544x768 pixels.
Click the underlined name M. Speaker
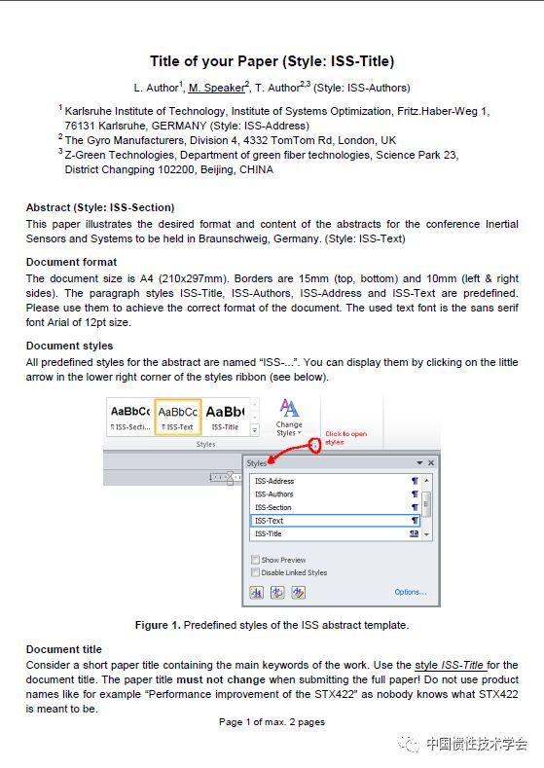coord(216,88)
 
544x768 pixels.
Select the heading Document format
coord(71,262)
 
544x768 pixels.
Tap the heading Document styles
coord(69,346)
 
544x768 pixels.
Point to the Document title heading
coord(64,649)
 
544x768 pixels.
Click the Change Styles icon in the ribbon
coord(289,418)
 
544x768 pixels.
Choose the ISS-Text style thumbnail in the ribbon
coord(178,417)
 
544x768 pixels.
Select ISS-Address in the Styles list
coord(274,481)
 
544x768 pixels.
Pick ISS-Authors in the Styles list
coord(274,494)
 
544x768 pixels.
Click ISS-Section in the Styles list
coord(273,507)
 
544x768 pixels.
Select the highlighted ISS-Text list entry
coord(335,521)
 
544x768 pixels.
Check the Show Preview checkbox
coord(255,560)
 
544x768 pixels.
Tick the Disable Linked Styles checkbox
coord(255,572)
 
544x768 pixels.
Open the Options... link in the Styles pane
coord(411,592)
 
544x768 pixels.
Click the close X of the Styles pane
coord(431,463)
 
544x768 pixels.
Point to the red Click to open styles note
coord(345,438)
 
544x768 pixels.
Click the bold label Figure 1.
coord(158,626)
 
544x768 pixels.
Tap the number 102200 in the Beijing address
coord(176,170)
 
